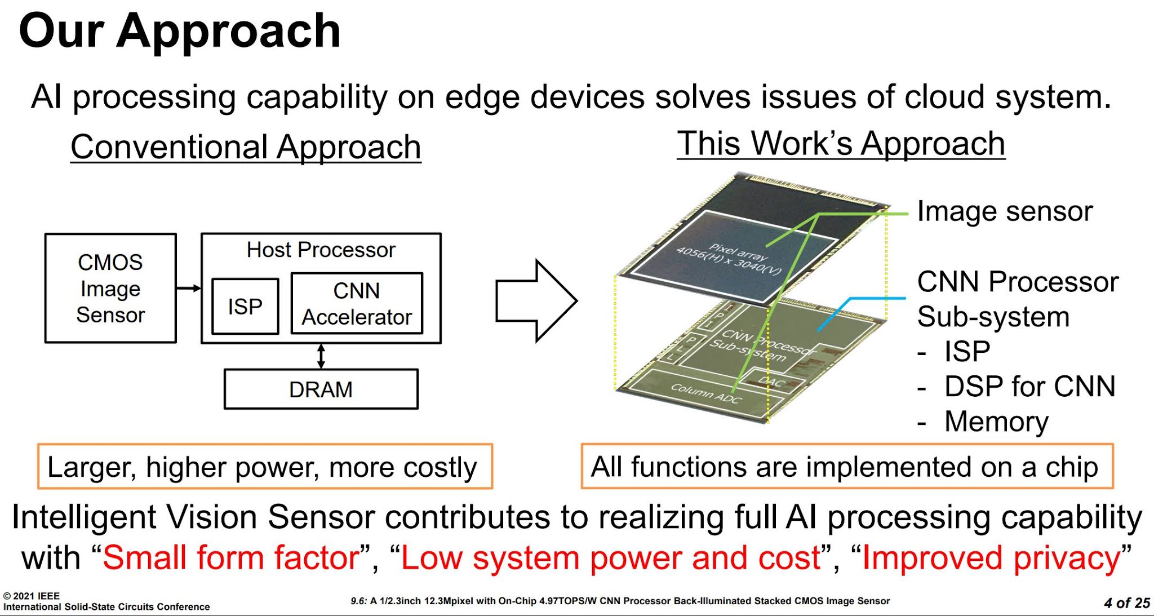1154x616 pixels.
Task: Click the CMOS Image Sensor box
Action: tap(110, 288)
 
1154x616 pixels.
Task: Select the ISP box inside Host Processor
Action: tap(245, 306)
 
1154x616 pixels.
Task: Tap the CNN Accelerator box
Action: tap(357, 304)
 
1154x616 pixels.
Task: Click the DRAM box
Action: tap(321, 389)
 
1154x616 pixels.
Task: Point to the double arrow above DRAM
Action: tap(321, 356)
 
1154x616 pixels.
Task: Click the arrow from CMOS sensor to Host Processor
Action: tap(189, 288)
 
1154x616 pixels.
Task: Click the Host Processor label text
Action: tap(321, 250)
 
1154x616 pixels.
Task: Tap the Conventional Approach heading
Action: tap(246, 147)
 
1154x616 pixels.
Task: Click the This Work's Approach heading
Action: tap(841, 143)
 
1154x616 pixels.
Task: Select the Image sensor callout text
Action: tap(1004, 211)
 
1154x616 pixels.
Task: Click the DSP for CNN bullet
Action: tap(1029, 387)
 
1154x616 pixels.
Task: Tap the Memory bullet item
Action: tap(996, 422)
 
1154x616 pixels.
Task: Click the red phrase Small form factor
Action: tap(231, 558)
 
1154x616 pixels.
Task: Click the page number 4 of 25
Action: tap(1126, 603)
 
